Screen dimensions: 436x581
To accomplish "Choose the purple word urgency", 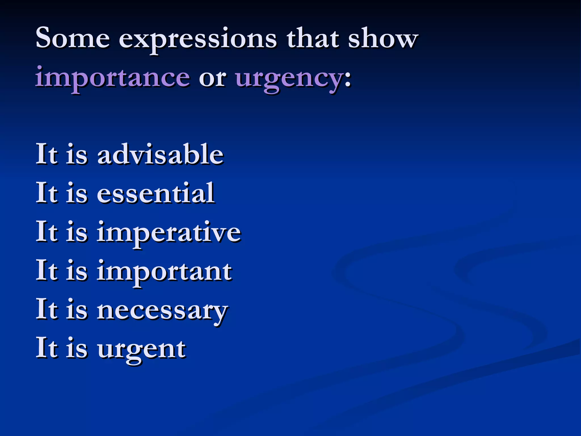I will pos(289,78).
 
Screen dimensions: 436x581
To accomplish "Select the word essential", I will pos(156,193).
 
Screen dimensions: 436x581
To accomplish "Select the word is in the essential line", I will pos(77,193).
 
